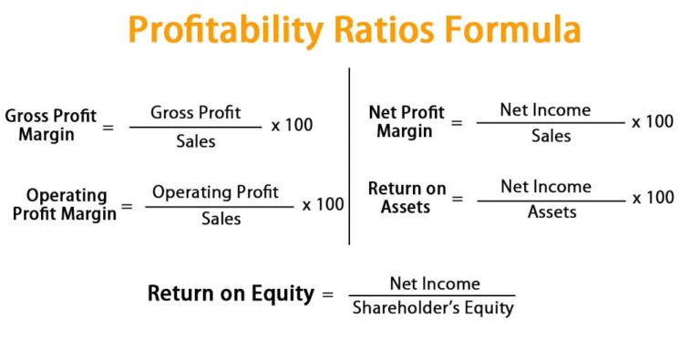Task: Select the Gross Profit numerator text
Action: pyautogui.click(x=196, y=112)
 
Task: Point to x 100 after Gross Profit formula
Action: pyautogui.click(x=292, y=125)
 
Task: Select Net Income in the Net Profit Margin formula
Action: pyautogui.click(x=545, y=109)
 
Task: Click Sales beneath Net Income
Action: pyautogui.click(x=551, y=136)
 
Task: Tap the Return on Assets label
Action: pyautogui.click(x=407, y=198)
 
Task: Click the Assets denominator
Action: pyautogui.click(x=552, y=211)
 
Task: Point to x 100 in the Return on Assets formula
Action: pyautogui.click(x=653, y=198)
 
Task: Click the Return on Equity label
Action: pyautogui.click(x=231, y=293)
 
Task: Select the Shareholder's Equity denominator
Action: pyautogui.click(x=433, y=308)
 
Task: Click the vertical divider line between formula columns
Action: pyautogui.click(x=349, y=155)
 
